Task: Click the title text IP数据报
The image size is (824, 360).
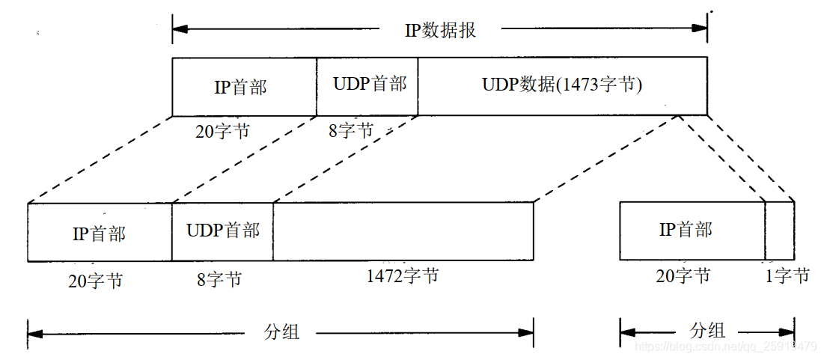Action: pos(440,30)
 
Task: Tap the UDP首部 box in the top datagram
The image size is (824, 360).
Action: pos(367,85)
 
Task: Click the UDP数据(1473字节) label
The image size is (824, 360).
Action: pos(562,85)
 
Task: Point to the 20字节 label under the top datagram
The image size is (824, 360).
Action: pos(222,132)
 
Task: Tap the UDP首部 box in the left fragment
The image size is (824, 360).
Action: pos(222,231)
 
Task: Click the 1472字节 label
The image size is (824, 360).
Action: pos(403,276)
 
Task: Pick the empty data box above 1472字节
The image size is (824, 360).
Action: pos(403,232)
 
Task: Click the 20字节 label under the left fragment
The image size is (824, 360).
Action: pos(95,281)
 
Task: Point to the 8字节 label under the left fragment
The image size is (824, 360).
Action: pos(219,280)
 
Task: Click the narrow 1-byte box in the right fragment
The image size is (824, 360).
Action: pos(779,231)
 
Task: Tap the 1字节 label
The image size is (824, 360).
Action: pos(787,276)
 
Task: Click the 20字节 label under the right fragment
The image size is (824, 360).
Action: pos(683,276)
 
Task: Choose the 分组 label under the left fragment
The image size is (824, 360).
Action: pos(282,332)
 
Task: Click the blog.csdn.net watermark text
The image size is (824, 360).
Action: pos(725,347)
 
